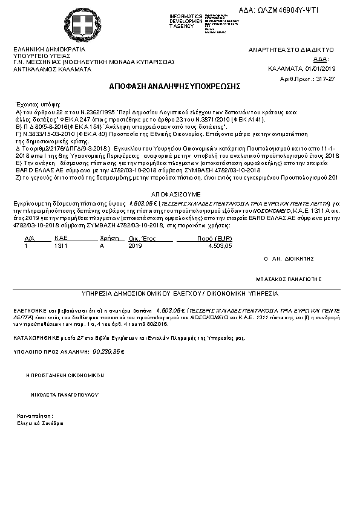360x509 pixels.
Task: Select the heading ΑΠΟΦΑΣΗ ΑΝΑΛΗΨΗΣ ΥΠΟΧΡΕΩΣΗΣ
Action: (x=175, y=86)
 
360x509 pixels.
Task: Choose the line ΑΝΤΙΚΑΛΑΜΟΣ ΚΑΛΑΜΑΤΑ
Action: (x=53, y=69)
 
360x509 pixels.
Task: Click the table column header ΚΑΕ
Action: (x=59, y=239)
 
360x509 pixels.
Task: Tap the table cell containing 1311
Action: (x=61, y=246)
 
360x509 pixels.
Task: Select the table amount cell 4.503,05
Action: (x=220, y=246)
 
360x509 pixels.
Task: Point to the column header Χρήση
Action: (x=107, y=239)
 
